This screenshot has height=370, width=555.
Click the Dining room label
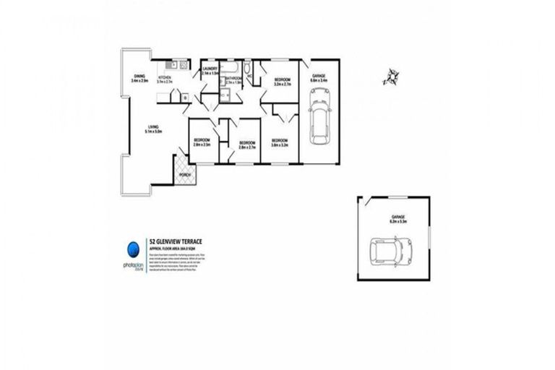[x=139, y=78]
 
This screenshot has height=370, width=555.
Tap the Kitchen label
[x=164, y=79]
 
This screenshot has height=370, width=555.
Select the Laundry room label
[x=210, y=71]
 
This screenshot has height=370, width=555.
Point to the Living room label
[x=152, y=129]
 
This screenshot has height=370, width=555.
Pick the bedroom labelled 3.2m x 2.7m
[x=282, y=82]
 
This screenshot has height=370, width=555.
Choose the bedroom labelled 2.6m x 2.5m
[x=202, y=142]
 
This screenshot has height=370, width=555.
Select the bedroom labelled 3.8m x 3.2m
[x=280, y=142]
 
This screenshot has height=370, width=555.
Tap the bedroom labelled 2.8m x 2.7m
[x=248, y=144]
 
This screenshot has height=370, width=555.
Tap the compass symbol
[x=392, y=77]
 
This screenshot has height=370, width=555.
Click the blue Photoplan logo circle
[x=132, y=249]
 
